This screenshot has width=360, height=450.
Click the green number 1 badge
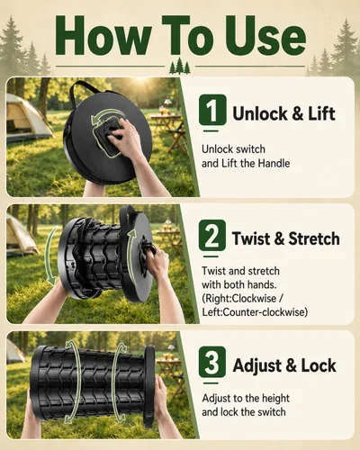[x=212, y=110]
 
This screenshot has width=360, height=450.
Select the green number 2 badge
[x=211, y=235]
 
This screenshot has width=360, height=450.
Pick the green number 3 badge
[x=211, y=362]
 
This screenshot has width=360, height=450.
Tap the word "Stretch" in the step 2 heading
[x=314, y=238]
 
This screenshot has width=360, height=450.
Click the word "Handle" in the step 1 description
[x=274, y=164]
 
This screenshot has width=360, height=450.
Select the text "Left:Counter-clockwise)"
[x=255, y=312]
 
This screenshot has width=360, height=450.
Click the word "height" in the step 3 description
[x=275, y=399]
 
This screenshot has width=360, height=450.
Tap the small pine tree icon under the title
[x=180, y=66]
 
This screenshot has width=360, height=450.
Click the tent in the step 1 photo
[x=25, y=118]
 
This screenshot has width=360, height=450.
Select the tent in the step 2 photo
[x=21, y=235]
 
